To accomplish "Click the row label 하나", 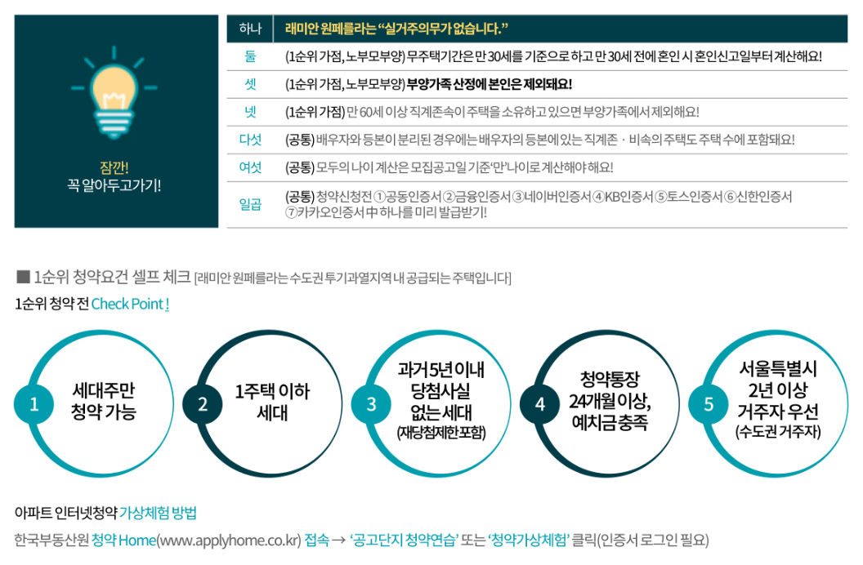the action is [x=250, y=29].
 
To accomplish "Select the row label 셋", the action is [x=250, y=84].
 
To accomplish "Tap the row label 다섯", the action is [x=250, y=140].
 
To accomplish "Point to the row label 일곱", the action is [x=250, y=204].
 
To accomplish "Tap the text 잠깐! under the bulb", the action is [x=115, y=167].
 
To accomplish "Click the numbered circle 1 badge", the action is [x=34, y=404].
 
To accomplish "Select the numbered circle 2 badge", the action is [x=203, y=404].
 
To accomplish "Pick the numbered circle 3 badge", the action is [x=371, y=404].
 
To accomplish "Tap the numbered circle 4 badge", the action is [x=539, y=404].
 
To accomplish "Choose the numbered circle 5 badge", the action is [x=709, y=404].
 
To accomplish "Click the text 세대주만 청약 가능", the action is [x=104, y=400].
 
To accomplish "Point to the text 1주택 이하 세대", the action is [x=272, y=401].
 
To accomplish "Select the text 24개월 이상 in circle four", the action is [x=609, y=402].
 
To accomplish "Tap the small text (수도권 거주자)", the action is [x=778, y=430].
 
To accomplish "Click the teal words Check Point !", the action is [x=131, y=304].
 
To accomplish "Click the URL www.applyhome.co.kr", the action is [x=229, y=541].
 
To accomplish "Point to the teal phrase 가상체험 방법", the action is [x=158, y=514].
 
